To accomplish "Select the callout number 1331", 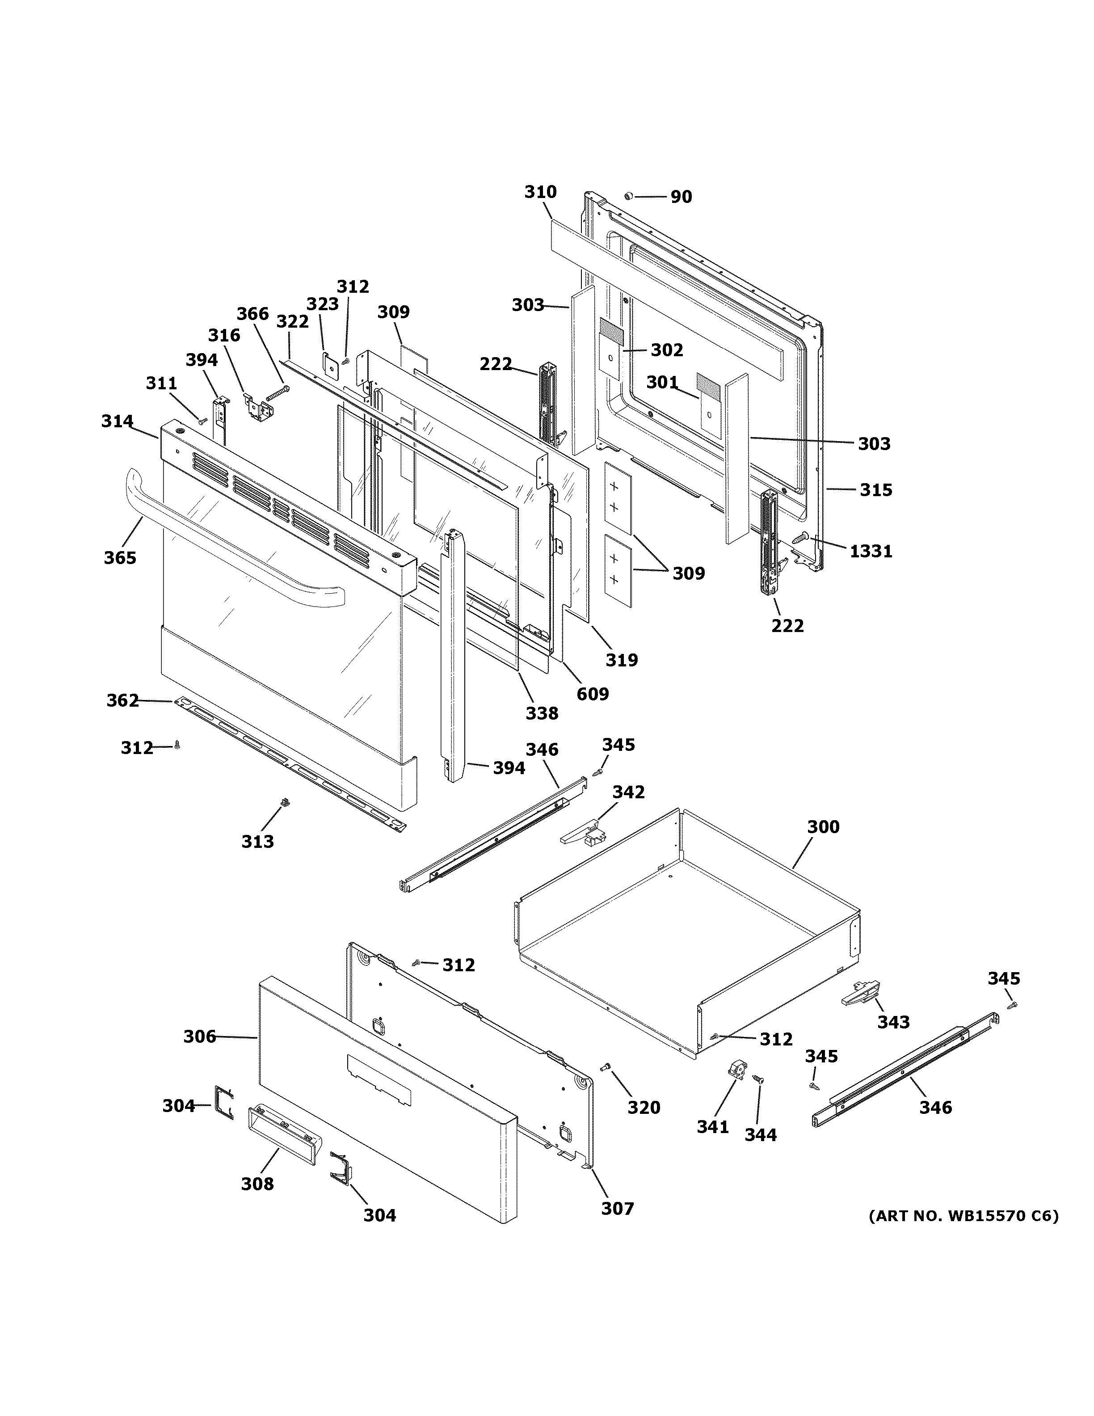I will click(871, 551).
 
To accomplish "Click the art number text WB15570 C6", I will click(963, 1216).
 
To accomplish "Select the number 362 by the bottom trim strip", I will click(122, 700).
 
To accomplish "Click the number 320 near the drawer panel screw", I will click(643, 1108).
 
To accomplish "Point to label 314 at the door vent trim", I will click(117, 421).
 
